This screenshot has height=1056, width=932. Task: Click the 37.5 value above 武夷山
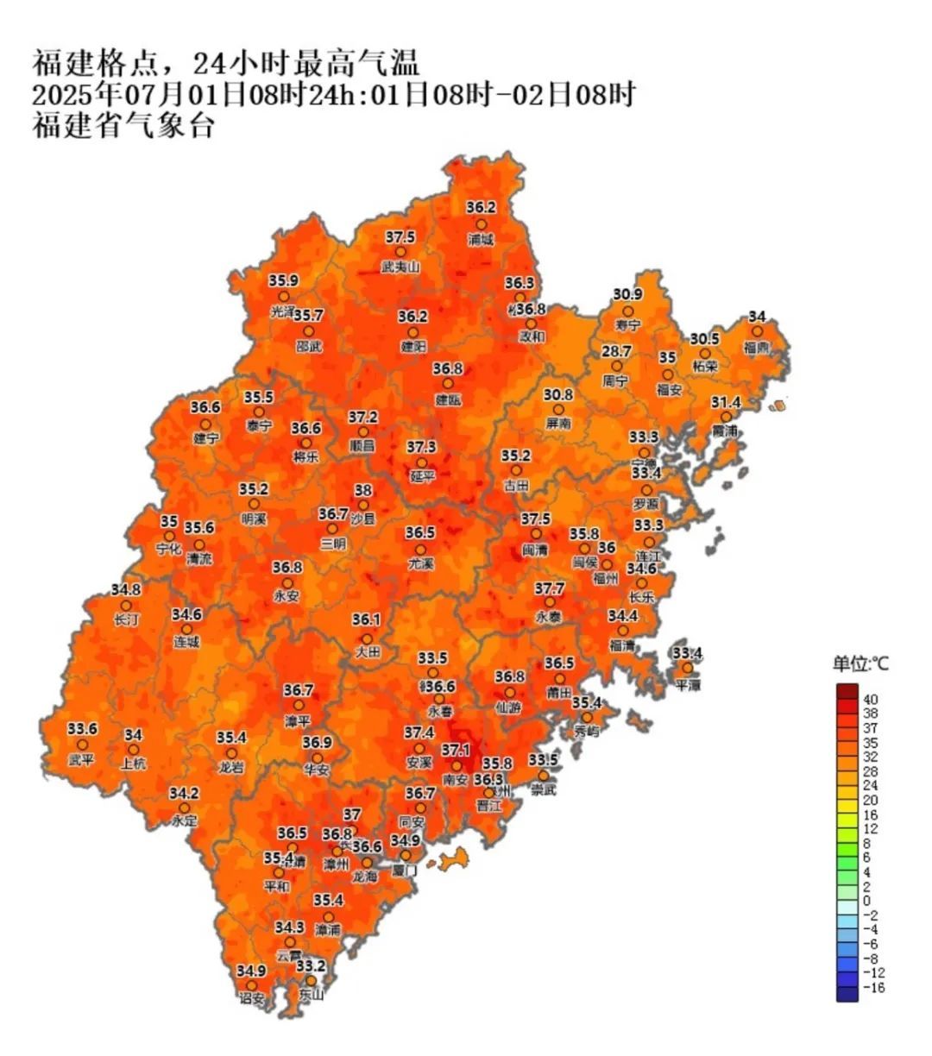click(x=400, y=236)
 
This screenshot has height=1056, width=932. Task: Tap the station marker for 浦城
click(x=481, y=224)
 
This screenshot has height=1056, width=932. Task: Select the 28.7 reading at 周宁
click(x=616, y=352)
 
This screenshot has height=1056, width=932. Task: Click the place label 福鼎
click(x=757, y=347)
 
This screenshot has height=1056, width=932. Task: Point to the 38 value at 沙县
click(x=363, y=490)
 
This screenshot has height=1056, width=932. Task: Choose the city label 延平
click(x=421, y=476)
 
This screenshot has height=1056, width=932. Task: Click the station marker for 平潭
click(x=688, y=668)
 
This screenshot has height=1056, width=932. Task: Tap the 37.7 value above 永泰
click(x=549, y=588)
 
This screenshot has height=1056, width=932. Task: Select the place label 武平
click(x=82, y=760)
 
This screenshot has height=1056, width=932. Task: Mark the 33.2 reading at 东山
click(x=311, y=965)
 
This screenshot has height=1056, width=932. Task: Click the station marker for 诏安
click(x=251, y=985)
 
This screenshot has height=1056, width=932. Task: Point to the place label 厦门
click(x=404, y=871)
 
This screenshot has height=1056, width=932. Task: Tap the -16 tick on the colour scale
click(x=874, y=988)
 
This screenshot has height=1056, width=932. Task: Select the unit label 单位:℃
click(x=860, y=664)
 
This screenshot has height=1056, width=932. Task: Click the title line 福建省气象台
click(x=123, y=126)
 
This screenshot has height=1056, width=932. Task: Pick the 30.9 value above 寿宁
click(x=627, y=295)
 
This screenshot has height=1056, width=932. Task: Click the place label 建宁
click(x=205, y=438)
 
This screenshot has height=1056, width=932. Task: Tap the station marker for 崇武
click(x=544, y=776)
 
